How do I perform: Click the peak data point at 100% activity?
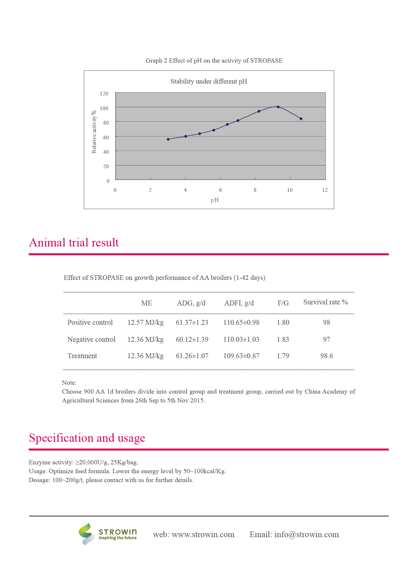(x=278, y=107)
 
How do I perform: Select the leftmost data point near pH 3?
(x=168, y=139)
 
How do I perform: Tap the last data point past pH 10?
(x=301, y=119)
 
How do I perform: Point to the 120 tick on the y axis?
(x=104, y=94)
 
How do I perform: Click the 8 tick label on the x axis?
(x=255, y=190)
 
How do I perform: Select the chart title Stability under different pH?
(x=209, y=82)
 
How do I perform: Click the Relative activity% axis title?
(x=94, y=132)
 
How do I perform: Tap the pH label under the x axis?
(x=215, y=200)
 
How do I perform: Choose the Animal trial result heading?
(x=74, y=243)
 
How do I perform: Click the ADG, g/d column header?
(x=191, y=303)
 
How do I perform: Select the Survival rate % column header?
(x=325, y=302)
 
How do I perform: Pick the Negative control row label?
(x=91, y=340)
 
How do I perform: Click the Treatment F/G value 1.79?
(x=283, y=356)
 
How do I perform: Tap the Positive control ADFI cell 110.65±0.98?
(x=241, y=322)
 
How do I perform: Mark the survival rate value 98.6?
(x=327, y=356)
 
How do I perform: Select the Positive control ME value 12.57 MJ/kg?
(x=145, y=322)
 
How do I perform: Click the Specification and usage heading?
(x=87, y=438)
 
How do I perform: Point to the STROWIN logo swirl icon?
(x=86, y=534)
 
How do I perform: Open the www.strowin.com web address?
(x=203, y=534)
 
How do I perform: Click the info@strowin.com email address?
(x=307, y=534)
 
